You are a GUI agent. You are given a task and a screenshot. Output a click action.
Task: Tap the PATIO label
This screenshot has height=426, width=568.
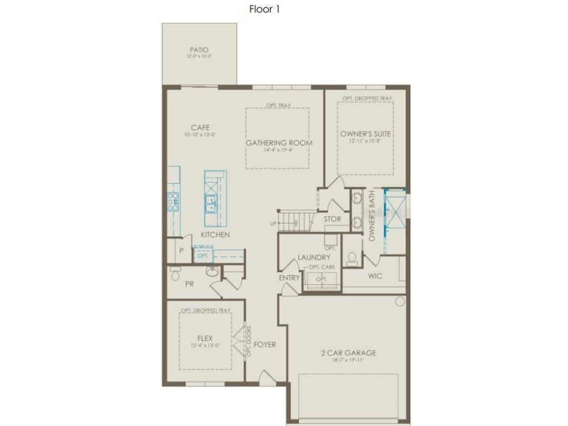click(x=199, y=50)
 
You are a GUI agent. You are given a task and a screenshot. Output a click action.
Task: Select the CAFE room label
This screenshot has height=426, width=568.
click(x=200, y=128)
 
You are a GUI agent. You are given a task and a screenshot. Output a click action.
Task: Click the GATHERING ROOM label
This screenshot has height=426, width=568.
click(x=279, y=143)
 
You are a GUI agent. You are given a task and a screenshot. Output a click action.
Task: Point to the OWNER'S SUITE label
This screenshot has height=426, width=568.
click(x=366, y=134)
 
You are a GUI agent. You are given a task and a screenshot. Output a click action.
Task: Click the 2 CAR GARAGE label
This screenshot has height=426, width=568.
click(x=349, y=353)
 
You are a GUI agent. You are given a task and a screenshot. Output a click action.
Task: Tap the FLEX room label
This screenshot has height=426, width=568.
click(x=205, y=338)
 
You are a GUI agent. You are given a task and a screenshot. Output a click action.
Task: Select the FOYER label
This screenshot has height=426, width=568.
click(x=265, y=344)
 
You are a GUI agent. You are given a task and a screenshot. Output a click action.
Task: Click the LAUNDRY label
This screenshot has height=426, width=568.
click(x=314, y=257)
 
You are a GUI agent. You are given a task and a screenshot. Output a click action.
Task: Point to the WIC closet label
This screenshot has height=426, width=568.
click(x=375, y=276)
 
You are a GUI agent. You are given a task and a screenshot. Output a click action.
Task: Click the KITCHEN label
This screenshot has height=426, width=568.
click(x=215, y=235)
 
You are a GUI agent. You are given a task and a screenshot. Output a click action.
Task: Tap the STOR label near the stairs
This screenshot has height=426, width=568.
click(x=332, y=219)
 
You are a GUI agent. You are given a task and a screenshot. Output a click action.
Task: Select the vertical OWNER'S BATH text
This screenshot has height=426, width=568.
click(x=373, y=215)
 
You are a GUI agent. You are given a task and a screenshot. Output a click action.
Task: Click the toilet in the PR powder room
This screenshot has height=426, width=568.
click(x=175, y=274)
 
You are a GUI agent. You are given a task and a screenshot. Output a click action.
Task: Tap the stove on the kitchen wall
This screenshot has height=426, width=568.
click(x=173, y=202)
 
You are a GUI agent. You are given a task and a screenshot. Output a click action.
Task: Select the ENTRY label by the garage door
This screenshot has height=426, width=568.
click(x=290, y=278)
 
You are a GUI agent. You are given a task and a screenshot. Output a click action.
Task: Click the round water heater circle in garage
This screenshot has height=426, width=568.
click(x=400, y=301)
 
